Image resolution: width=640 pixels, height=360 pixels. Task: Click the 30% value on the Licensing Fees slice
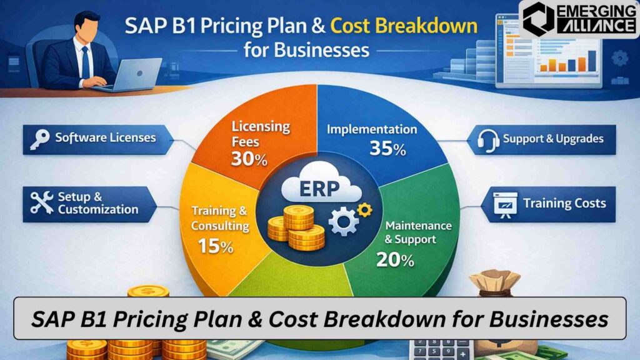tap(249, 159)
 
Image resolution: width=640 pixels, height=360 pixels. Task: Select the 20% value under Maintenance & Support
tap(396, 259)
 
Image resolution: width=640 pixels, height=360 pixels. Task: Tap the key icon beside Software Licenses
tap(39, 138)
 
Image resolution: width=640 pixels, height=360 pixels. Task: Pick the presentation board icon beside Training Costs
tap(505, 204)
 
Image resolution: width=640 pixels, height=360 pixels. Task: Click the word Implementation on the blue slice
tap(372, 130)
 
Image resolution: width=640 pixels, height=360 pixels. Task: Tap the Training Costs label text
tap(565, 203)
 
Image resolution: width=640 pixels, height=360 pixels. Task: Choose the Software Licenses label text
tap(106, 137)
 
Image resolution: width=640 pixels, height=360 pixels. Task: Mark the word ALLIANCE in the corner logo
tap(592, 26)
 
